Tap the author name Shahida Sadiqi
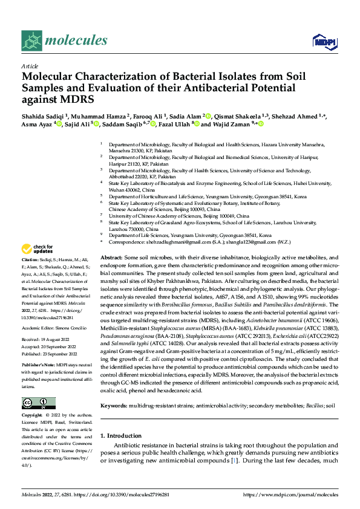coord(44,115)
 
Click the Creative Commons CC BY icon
coord(38,403)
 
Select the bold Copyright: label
coord(34,416)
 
